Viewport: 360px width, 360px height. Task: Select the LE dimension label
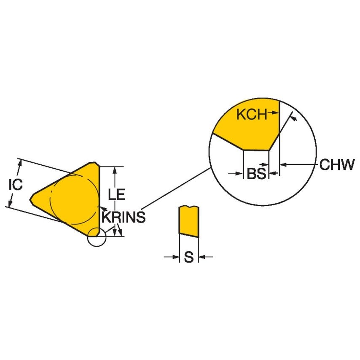click(x=116, y=195)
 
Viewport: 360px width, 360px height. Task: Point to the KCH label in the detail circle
click(x=252, y=114)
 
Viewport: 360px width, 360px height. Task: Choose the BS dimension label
click(x=256, y=174)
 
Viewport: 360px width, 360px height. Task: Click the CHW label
click(x=337, y=165)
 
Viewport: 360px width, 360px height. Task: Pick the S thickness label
click(x=188, y=257)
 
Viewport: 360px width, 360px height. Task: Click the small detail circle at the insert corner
click(x=96, y=238)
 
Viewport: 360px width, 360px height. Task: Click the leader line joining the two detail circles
click(x=177, y=188)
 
